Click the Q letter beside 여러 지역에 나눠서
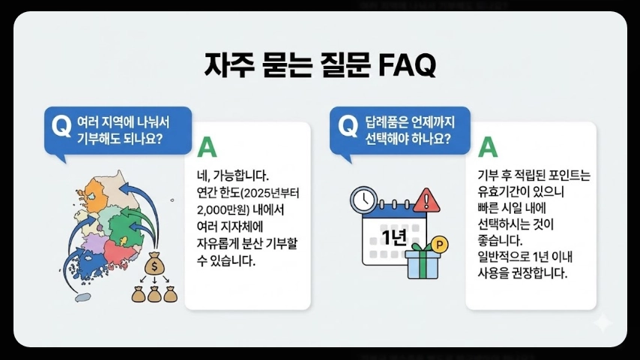point(60,126)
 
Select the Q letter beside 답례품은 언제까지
point(348,125)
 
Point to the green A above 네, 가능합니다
point(205,147)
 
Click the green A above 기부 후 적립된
point(488,147)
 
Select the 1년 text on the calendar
point(393,238)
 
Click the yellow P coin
point(440,244)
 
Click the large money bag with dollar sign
point(153,264)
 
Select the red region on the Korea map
point(120,250)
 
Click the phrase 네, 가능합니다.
point(227,176)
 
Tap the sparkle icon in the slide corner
point(602,322)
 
